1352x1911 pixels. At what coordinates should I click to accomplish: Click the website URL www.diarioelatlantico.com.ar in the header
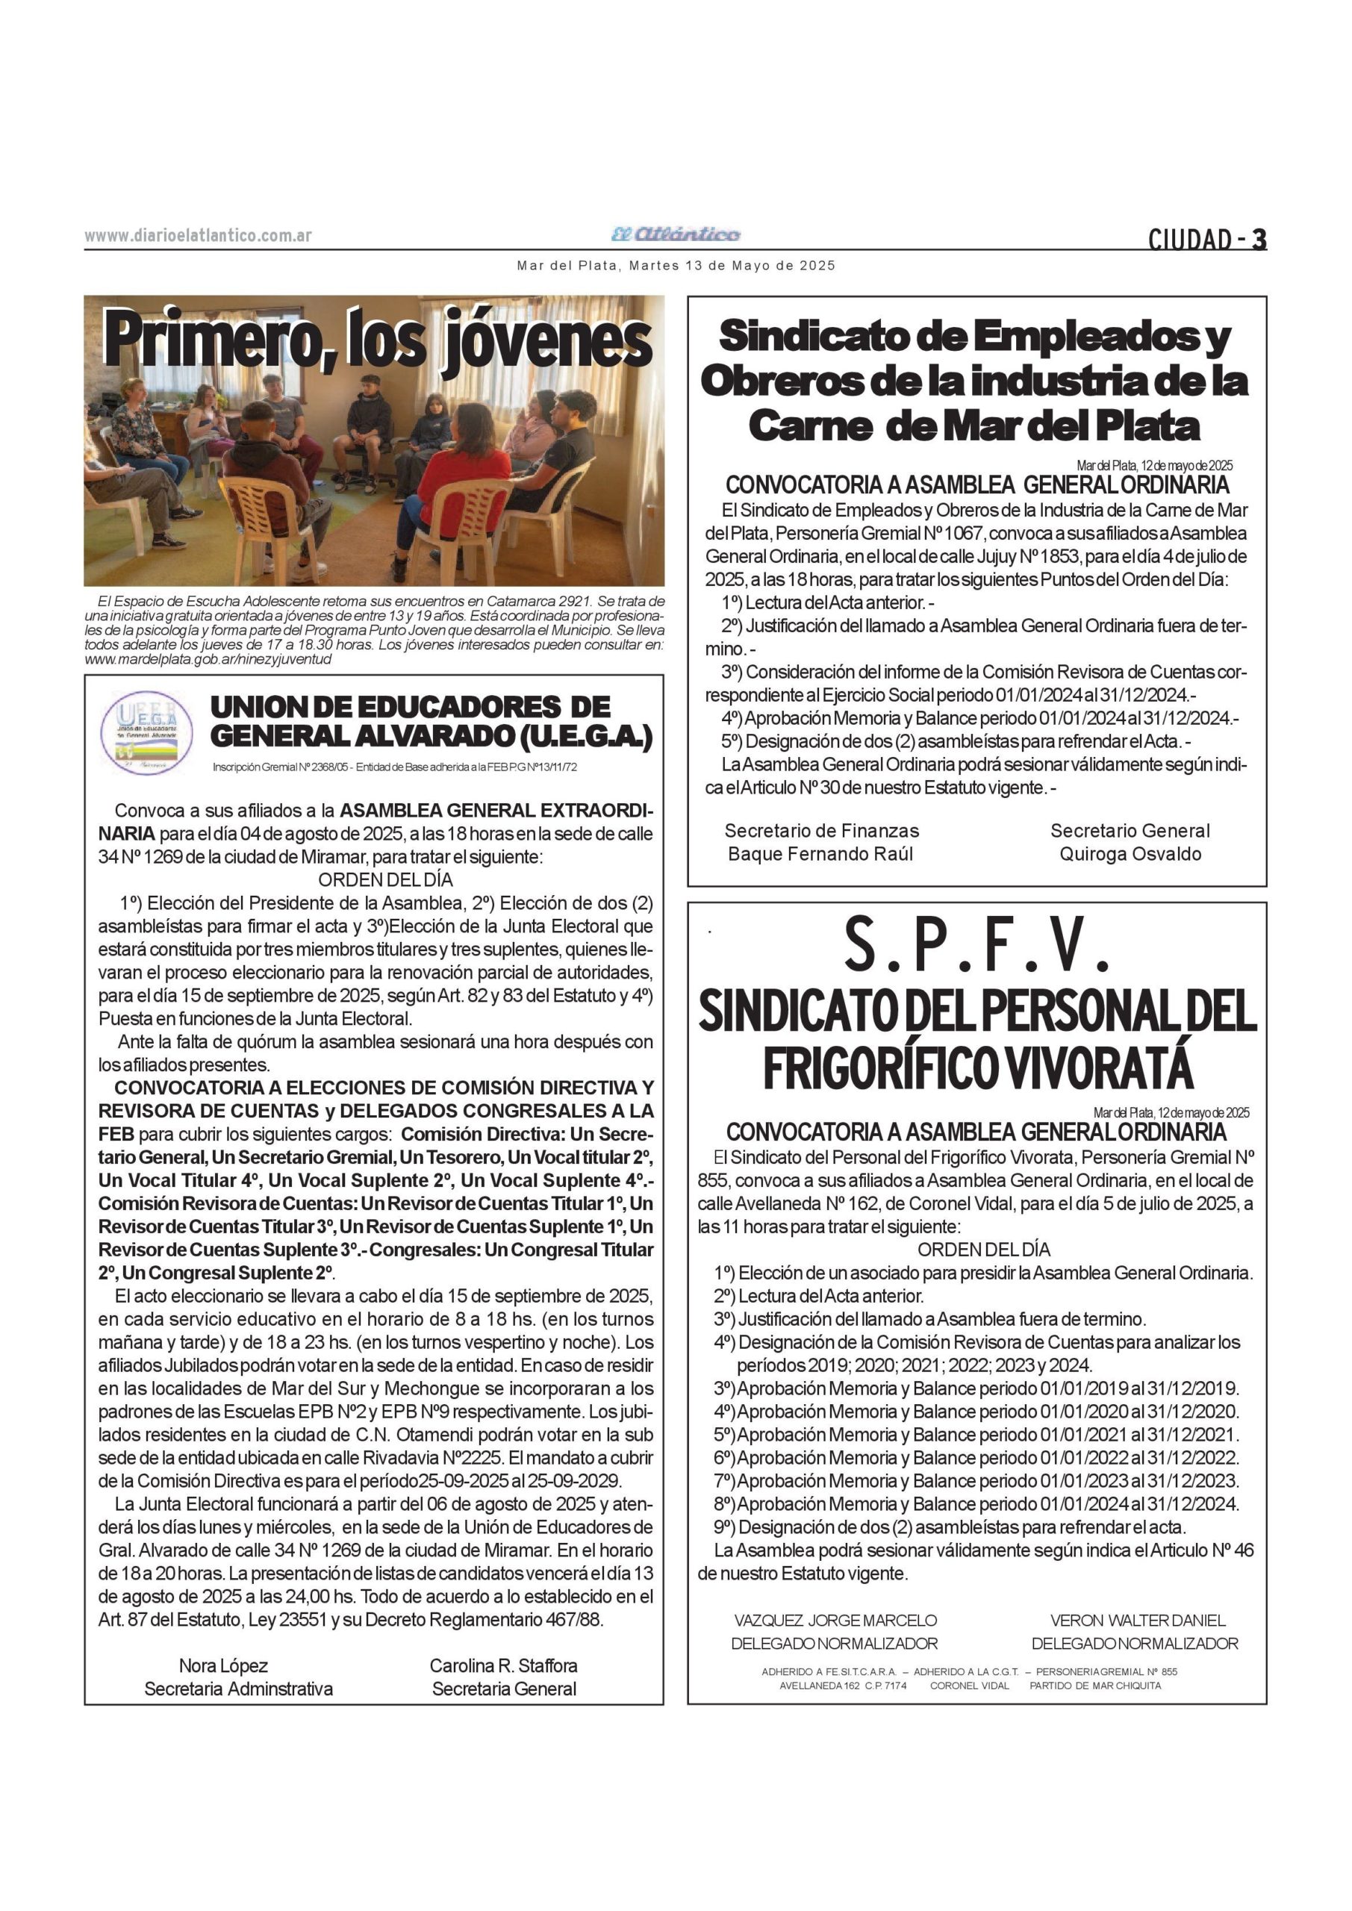click(198, 236)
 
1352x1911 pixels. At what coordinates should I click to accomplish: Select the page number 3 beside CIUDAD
click(1259, 240)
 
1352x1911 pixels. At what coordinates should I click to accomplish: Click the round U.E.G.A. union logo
click(146, 733)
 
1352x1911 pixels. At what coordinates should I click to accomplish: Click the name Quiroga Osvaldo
click(1130, 854)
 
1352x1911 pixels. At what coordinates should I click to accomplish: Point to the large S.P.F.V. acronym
click(977, 947)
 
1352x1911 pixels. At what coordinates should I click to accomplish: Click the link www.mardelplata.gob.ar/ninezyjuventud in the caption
click(208, 659)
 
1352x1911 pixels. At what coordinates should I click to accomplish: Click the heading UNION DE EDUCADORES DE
click(410, 708)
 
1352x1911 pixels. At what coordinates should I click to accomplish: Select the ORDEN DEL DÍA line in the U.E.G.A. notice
click(385, 879)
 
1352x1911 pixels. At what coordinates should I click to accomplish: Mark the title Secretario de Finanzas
click(822, 831)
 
